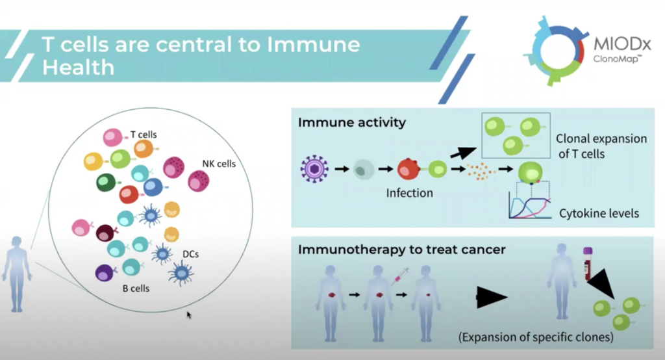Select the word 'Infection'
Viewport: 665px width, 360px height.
pyautogui.click(x=409, y=193)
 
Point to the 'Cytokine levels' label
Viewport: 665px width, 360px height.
pyautogui.click(x=599, y=213)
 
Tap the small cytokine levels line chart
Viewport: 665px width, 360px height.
pyautogui.click(x=533, y=205)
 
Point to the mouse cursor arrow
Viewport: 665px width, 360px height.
pyautogui.click(x=189, y=315)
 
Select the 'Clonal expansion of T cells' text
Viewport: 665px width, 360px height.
pyautogui.click(x=601, y=146)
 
